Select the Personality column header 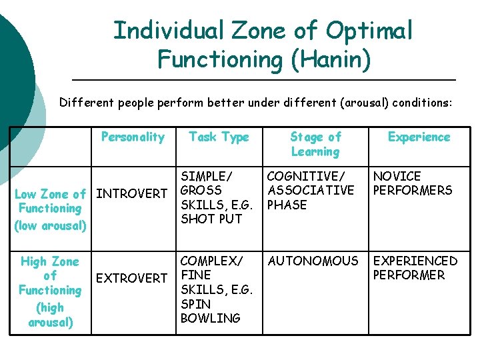coord(133,137)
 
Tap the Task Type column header coord(219,137)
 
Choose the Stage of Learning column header coord(315,144)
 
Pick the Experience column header coord(419,137)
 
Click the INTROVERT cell coord(132,193)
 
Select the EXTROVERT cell coord(132,277)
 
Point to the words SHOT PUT coord(211,218)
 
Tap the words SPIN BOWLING coord(210,311)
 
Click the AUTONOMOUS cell coord(313,261)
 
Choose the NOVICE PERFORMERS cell coord(413,183)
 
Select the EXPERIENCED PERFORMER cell coord(415,268)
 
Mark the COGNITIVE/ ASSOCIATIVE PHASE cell coord(310,191)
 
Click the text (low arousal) coord(51,225)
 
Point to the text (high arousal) coord(51,315)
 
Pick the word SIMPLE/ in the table coord(207,176)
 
